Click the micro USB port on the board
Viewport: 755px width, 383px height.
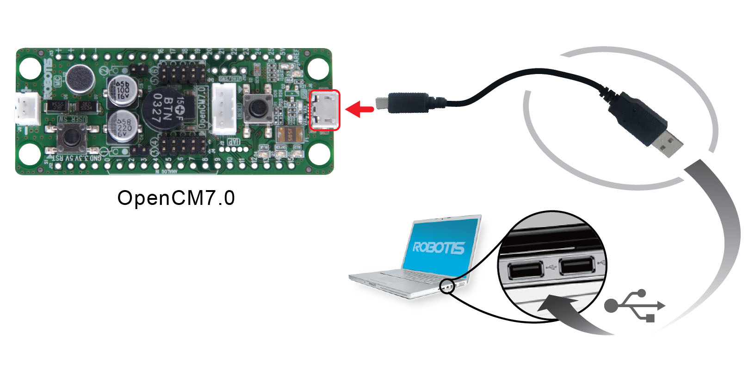click(x=325, y=110)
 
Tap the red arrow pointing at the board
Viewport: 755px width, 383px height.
click(x=359, y=110)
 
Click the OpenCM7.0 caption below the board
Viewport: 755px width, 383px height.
click(x=176, y=198)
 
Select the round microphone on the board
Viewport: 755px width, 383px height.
click(x=80, y=79)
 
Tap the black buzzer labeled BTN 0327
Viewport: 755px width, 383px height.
click(x=163, y=110)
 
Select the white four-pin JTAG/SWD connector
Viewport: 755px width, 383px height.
click(x=224, y=109)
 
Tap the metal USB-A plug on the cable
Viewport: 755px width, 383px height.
click(x=669, y=143)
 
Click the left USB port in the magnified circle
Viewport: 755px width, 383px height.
click(x=526, y=270)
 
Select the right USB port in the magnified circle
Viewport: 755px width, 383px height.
click(x=576, y=267)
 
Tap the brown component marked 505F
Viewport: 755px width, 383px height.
click(x=290, y=135)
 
